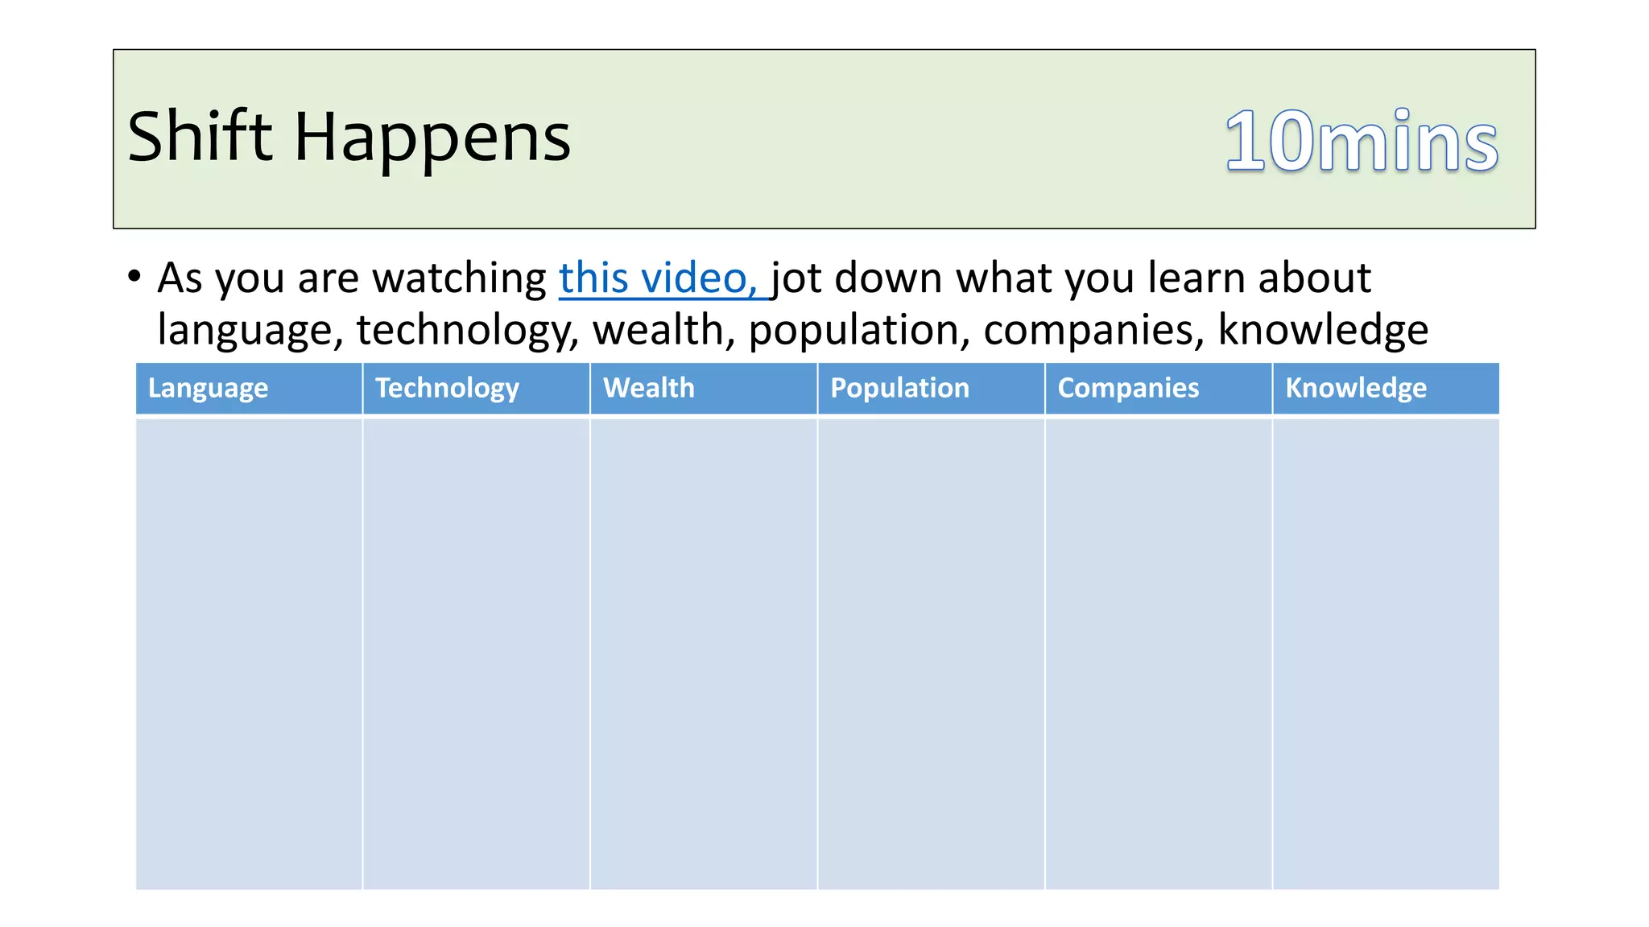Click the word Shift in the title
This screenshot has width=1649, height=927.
[x=200, y=137]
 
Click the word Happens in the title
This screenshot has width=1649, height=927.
[x=432, y=138]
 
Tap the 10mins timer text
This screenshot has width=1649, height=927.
[x=1361, y=142]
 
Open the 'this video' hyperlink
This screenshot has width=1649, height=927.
[x=659, y=278]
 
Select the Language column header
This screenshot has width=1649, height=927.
[x=208, y=388]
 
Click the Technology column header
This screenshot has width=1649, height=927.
[x=447, y=388]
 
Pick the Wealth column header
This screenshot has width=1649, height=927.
[x=648, y=388]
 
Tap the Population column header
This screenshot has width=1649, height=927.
[x=899, y=388]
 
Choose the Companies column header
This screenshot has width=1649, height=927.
[x=1128, y=388]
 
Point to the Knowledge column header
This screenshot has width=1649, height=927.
[x=1356, y=388]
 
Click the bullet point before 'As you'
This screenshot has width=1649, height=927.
[x=134, y=277]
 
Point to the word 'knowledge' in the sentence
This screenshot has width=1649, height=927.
[x=1323, y=330]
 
